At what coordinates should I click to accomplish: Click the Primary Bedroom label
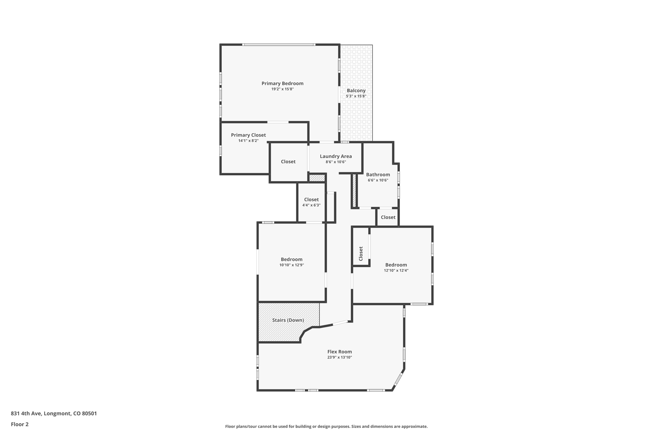point(282,83)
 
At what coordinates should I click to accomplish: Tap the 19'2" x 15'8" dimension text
point(282,89)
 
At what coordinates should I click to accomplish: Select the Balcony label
point(356,91)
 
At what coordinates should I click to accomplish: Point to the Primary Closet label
point(248,135)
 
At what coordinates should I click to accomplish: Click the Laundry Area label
point(335,156)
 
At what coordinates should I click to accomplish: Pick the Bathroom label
point(378,175)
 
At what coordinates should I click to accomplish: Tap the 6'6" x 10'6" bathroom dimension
point(378,180)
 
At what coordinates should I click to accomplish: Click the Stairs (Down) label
point(288,320)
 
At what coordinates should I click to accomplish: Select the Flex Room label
point(339,352)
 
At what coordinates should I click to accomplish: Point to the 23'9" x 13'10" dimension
point(339,358)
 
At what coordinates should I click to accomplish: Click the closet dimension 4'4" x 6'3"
point(311,205)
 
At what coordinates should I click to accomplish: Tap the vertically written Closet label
point(361,254)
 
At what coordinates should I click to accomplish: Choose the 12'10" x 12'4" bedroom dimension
point(396,271)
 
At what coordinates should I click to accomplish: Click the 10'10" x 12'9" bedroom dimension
point(291,265)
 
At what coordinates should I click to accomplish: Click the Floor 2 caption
point(19,424)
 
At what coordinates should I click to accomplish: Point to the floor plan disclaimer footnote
point(326,426)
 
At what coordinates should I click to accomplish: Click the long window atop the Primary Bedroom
point(279,45)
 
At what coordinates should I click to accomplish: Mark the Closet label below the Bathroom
point(388,217)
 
